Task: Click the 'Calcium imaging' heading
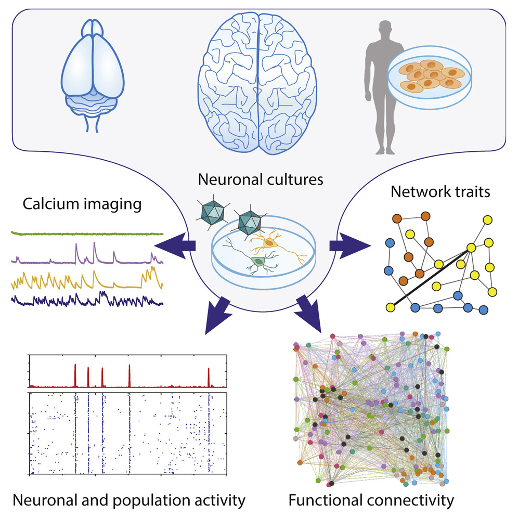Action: coord(82,204)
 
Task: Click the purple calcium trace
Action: coord(86,257)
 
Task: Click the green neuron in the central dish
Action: coord(257,261)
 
